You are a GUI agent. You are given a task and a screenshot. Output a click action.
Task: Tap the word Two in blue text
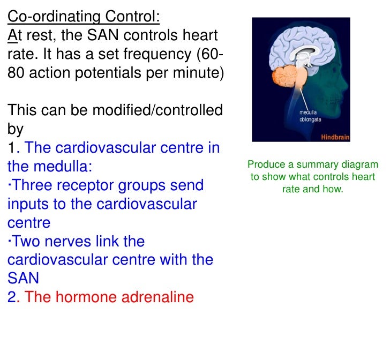(28, 241)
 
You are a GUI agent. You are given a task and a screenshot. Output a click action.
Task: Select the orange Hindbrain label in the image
(335, 137)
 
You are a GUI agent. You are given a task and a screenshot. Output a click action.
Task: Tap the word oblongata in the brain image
(311, 119)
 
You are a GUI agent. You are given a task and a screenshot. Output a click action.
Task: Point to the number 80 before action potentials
(17, 73)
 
